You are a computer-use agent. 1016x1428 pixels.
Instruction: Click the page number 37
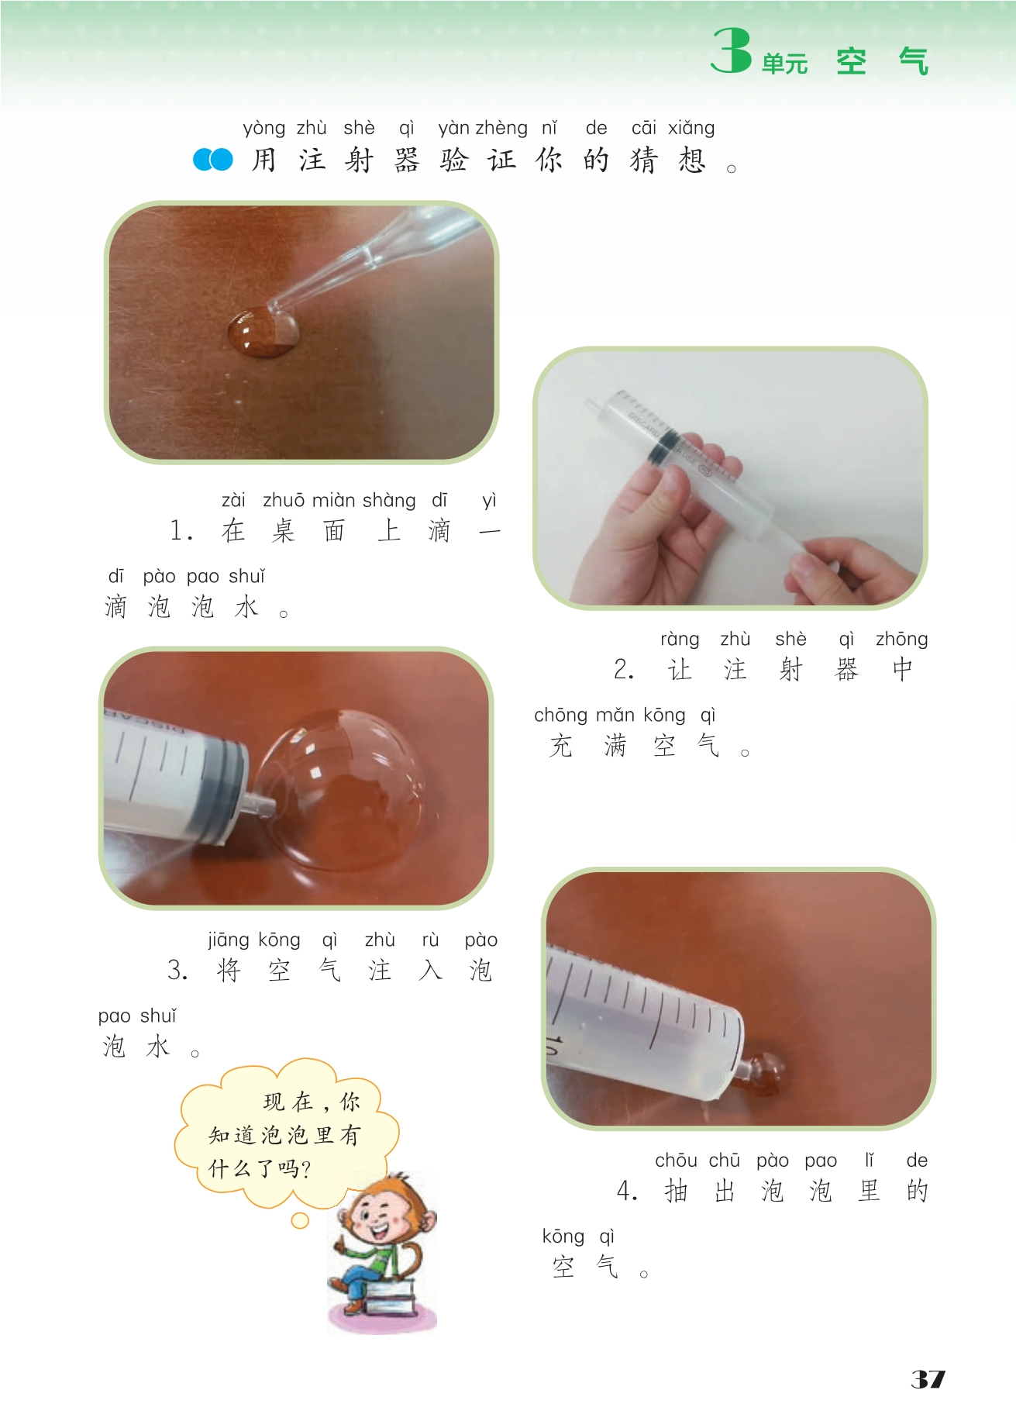(x=928, y=1379)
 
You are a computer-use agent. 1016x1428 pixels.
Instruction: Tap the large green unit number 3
(x=731, y=50)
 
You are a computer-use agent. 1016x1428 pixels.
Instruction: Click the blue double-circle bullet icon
(x=212, y=160)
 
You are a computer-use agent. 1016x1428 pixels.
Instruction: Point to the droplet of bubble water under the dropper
(x=263, y=333)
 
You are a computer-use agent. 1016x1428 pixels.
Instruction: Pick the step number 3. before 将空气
(x=177, y=970)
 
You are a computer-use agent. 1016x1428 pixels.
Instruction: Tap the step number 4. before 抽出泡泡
(x=627, y=1191)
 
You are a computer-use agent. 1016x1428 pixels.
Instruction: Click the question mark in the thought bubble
(x=304, y=1169)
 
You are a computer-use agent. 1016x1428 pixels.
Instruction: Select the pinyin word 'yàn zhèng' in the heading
(x=483, y=128)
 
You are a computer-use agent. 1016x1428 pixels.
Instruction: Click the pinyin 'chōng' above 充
(x=560, y=716)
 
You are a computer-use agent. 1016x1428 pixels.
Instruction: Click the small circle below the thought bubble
(x=300, y=1221)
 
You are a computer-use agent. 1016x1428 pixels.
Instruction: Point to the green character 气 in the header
(x=914, y=61)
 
